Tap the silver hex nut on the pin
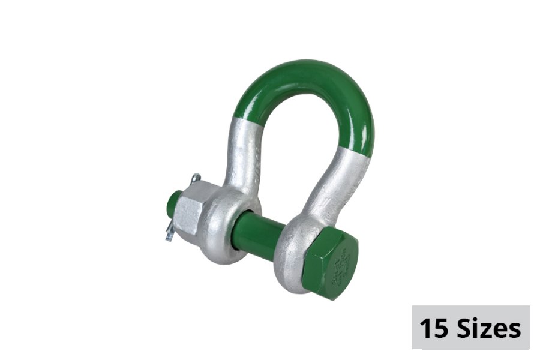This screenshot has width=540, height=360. click(x=192, y=207)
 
